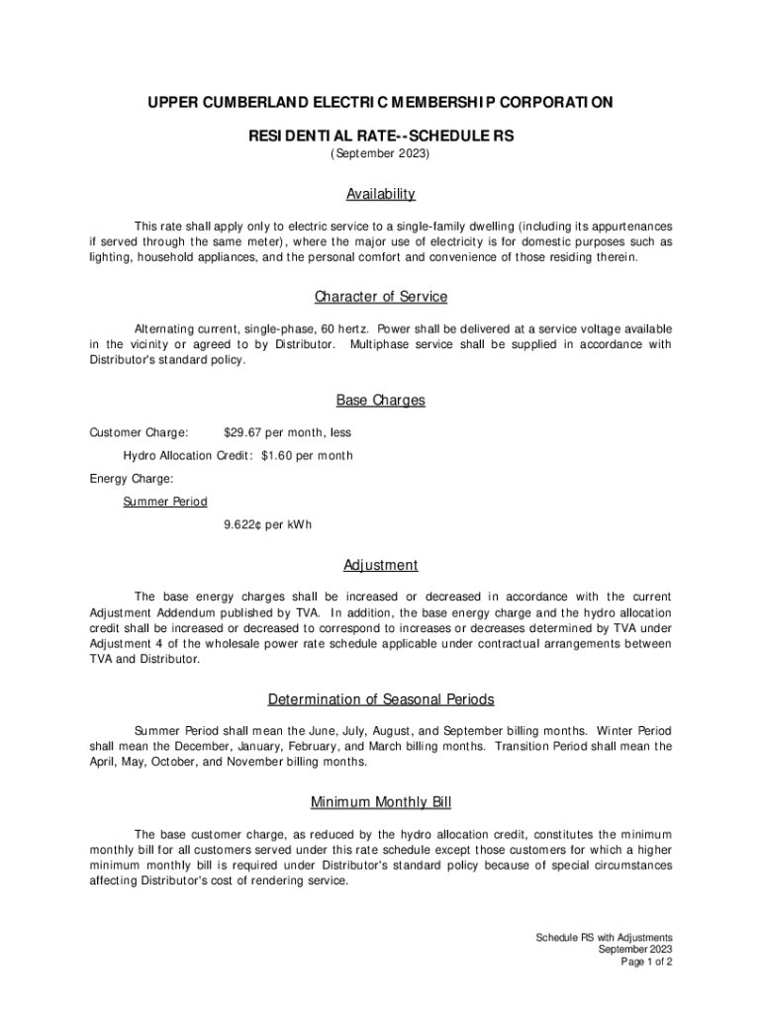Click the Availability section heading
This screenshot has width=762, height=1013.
(x=381, y=194)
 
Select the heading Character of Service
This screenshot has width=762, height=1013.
(x=381, y=297)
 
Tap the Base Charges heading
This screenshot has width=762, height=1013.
(x=381, y=401)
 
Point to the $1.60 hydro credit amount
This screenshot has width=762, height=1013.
(x=278, y=456)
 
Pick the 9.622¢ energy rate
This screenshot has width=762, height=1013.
(x=243, y=524)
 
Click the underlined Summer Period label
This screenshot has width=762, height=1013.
(x=165, y=502)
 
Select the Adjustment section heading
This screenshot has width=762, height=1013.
(x=381, y=566)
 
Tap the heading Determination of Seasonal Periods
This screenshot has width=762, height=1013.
(x=381, y=700)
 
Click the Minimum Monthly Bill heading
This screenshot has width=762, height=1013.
(x=381, y=802)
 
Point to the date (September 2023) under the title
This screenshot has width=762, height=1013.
(x=381, y=155)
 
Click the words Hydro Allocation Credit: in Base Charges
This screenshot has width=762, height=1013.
(x=188, y=456)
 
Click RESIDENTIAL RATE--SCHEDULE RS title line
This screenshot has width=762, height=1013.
(x=381, y=137)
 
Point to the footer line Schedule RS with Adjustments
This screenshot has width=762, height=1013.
(x=604, y=937)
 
